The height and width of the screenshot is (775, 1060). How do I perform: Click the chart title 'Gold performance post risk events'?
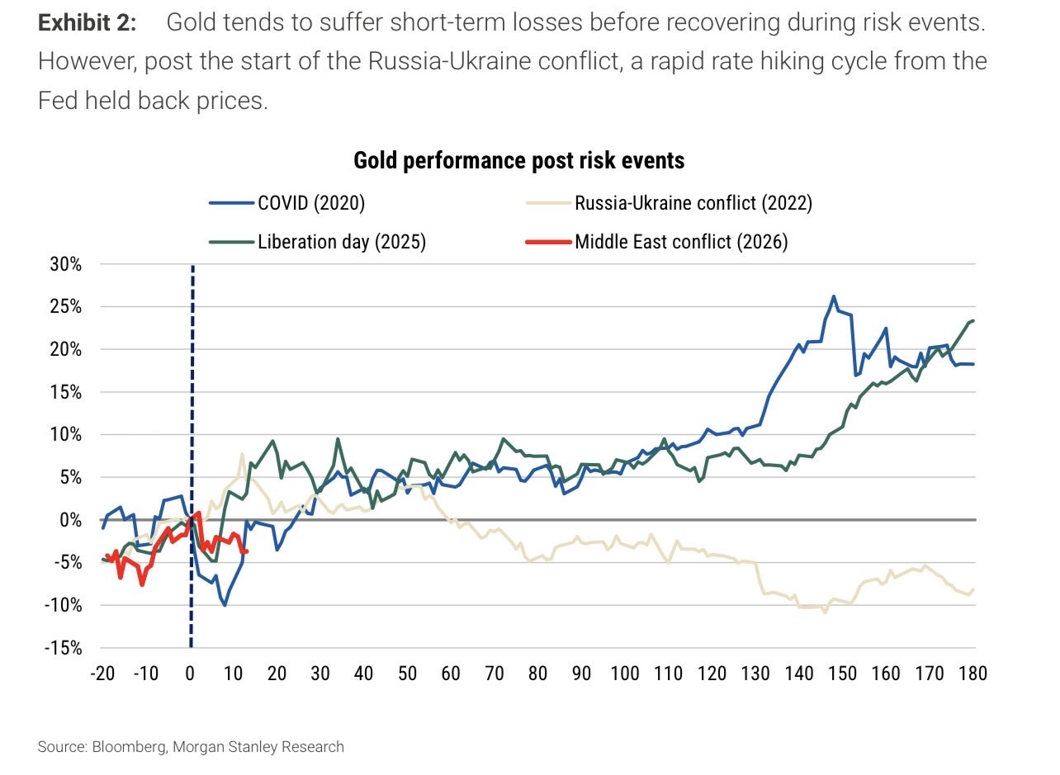point(518,160)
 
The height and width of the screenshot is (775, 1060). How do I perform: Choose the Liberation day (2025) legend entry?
point(341,243)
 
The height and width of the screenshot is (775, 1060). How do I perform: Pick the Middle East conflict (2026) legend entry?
point(681,243)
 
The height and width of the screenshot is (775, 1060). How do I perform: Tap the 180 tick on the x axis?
point(973,673)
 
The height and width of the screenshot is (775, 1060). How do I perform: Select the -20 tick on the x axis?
point(102,673)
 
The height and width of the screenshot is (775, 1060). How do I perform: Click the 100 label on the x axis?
point(625,673)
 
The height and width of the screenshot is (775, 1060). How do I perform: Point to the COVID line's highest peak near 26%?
point(834,295)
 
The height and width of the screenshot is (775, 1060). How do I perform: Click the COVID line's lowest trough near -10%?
point(225,605)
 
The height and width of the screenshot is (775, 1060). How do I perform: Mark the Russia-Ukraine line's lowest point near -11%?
point(825,612)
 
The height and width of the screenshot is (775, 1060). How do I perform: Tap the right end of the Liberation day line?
point(974,320)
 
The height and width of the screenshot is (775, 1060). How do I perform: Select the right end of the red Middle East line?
point(247,551)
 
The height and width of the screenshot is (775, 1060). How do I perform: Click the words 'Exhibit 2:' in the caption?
point(88,22)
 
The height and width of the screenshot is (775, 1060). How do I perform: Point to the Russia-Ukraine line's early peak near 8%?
point(242,453)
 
